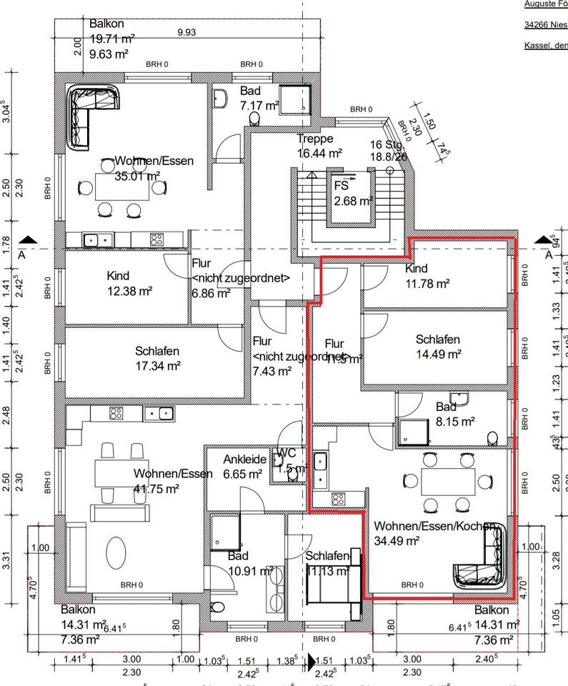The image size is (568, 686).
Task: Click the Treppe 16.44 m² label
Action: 319,146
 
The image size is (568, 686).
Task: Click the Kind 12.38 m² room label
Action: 128,283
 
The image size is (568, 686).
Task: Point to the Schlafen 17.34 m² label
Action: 156,358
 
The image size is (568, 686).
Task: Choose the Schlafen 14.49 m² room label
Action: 438,346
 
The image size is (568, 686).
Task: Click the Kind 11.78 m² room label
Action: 427,276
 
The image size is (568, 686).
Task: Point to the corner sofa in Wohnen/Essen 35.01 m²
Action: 89,114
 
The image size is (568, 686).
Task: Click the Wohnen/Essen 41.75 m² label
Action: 172,481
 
